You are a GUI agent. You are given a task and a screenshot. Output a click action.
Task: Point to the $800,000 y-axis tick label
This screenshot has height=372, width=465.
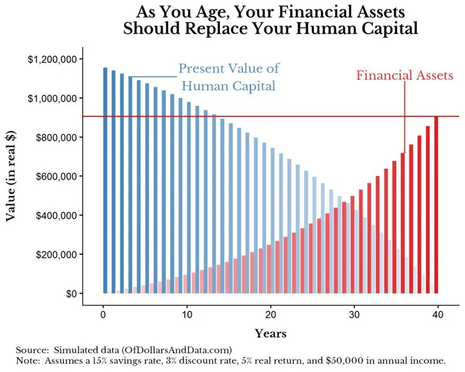pyautogui.click(x=55, y=138)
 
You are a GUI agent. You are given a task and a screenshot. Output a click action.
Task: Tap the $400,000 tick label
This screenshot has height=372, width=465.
pyautogui.click(x=55, y=216)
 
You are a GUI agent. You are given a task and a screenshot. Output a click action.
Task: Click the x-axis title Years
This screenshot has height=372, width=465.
pyautogui.click(x=270, y=334)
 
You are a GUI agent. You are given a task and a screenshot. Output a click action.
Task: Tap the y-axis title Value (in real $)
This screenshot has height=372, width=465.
pyautogui.click(x=11, y=177)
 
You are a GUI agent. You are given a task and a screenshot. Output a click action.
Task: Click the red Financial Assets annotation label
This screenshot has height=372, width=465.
pyautogui.click(x=404, y=76)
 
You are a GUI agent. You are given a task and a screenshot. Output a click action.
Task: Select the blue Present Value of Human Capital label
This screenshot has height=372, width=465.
pyautogui.click(x=229, y=77)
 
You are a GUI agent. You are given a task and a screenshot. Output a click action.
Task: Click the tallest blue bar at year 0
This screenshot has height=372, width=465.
pyautogui.click(x=105, y=182)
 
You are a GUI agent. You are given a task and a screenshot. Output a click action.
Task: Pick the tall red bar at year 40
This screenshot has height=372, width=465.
pyautogui.click(x=436, y=205)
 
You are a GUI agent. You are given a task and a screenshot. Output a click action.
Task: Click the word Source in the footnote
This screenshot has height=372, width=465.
pyautogui.click(x=28, y=349)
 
